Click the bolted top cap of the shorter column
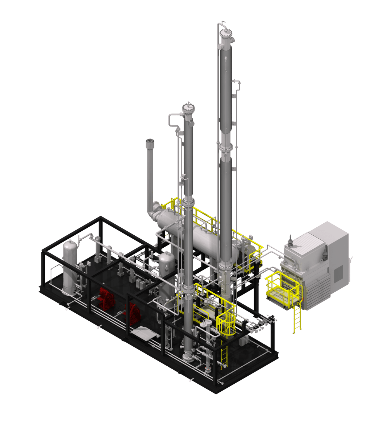[x=188, y=108]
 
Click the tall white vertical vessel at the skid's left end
[x=70, y=266]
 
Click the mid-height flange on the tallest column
[x=226, y=147]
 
